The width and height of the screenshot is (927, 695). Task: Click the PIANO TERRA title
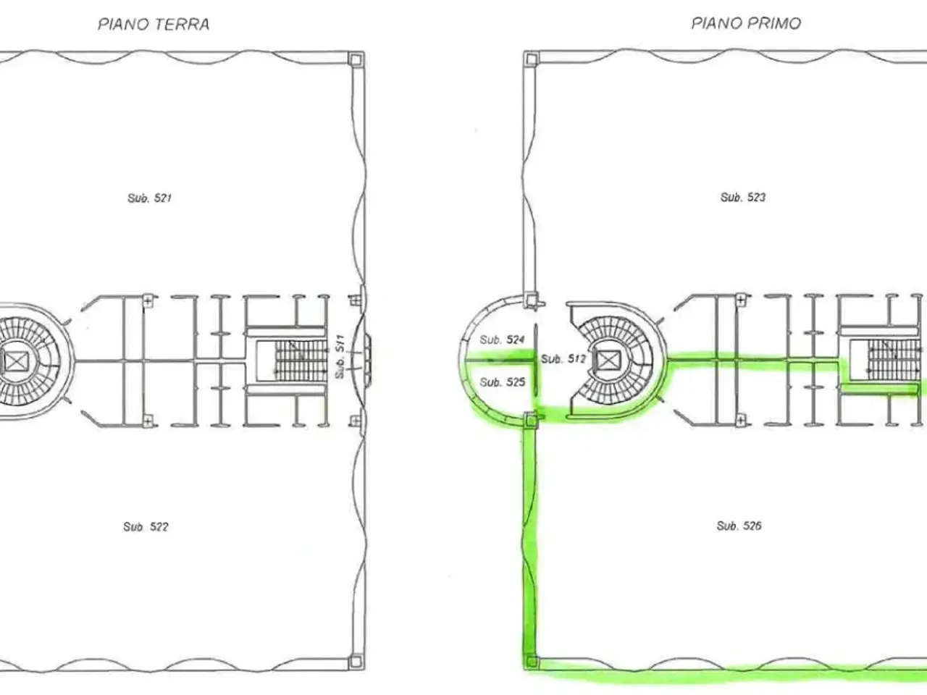pos(154,24)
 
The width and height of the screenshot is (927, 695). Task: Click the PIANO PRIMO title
pos(746,23)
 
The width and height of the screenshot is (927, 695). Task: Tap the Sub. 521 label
pos(149,198)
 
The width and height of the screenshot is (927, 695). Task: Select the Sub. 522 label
pos(146,526)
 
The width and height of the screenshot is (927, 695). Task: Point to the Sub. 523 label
pos(743,197)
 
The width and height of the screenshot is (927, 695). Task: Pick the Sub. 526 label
pos(739,526)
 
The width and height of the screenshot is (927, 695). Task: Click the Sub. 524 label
pos(502,340)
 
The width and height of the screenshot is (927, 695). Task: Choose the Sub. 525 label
pos(502,382)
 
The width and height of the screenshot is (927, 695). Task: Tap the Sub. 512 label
pos(563,359)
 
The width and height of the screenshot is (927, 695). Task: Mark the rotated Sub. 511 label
pos(340,357)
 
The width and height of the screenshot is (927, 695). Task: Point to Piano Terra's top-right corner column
pos(356,59)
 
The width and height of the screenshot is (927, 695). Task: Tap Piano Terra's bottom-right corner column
pos(356,662)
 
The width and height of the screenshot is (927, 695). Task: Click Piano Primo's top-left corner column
pos(532,59)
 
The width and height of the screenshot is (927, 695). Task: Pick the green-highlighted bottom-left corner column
pos(532,661)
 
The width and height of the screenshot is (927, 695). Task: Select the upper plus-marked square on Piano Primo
pos(741,300)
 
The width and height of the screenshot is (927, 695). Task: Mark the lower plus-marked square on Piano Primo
pos(741,421)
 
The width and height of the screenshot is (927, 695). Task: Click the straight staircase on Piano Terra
pos(301,361)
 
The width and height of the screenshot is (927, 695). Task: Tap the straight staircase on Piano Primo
pos(895,361)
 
